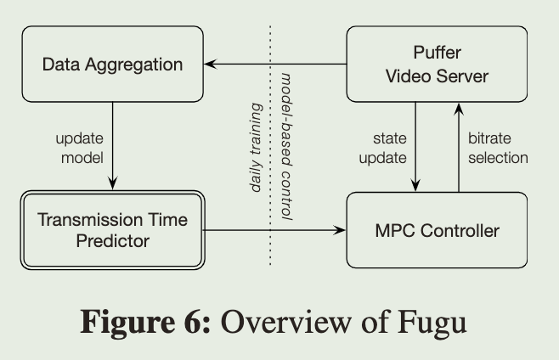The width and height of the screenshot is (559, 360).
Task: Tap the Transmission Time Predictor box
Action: [112, 229]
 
